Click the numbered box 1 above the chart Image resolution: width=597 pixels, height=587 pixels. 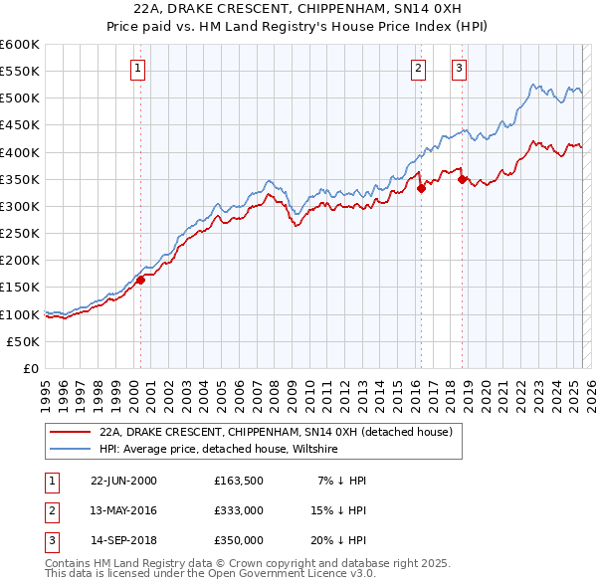136,69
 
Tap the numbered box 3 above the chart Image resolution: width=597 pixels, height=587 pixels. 459,69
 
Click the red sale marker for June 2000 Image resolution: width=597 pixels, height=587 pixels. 140,280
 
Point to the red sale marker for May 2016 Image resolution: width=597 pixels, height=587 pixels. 421,187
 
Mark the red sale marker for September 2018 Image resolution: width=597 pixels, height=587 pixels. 463,179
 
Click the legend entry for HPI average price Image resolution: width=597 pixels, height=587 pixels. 219,450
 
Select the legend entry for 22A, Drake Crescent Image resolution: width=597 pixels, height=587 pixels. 276,432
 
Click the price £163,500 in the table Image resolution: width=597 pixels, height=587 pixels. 239,481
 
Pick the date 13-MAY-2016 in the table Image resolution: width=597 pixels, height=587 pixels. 124,510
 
